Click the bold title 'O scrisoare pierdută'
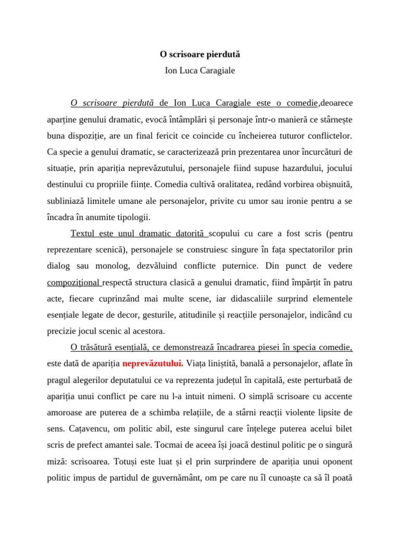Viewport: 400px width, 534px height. [199, 54]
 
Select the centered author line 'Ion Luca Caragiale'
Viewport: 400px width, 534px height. [199, 70]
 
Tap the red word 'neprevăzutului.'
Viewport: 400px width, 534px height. [152, 363]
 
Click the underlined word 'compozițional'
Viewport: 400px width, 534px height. [74, 282]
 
